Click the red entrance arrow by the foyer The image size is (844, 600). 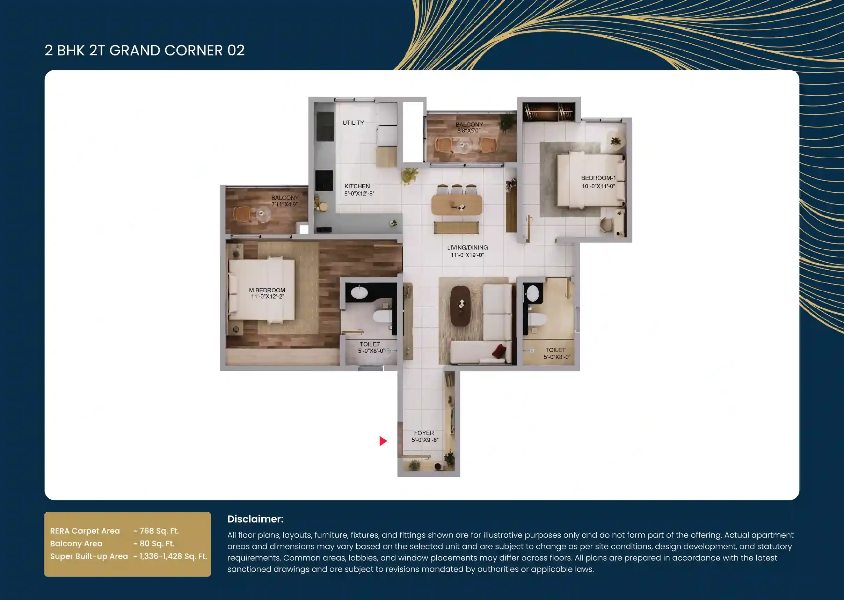pyautogui.click(x=383, y=441)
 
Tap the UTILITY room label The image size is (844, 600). pyautogui.click(x=353, y=123)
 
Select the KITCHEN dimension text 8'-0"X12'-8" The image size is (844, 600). pyautogui.click(x=359, y=193)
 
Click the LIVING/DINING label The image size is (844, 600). pyautogui.click(x=467, y=248)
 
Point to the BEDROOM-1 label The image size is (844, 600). pyautogui.click(x=598, y=178)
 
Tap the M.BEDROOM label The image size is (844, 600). pyautogui.click(x=267, y=290)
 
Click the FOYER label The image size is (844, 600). pyautogui.click(x=424, y=433)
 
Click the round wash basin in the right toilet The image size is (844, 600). pyautogui.click(x=532, y=294)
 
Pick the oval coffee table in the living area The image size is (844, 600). pyautogui.click(x=460, y=306)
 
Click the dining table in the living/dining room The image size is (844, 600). pyautogui.click(x=457, y=205)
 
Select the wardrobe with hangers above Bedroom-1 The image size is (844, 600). pyautogui.click(x=549, y=111)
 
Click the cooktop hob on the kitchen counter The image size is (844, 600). pyautogui.click(x=324, y=180)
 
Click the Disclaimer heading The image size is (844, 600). pyautogui.click(x=255, y=519)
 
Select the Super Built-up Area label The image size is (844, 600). pyautogui.click(x=89, y=556)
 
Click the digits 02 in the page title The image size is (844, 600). pyautogui.click(x=236, y=51)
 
